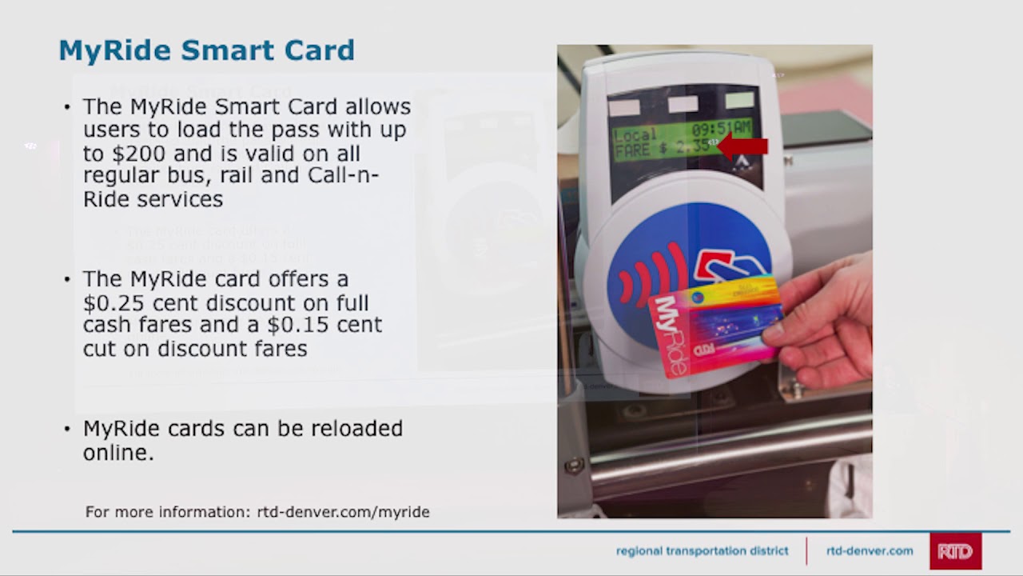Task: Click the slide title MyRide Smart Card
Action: click(x=206, y=50)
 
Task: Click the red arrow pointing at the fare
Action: click(x=744, y=146)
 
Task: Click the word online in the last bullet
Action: click(x=118, y=453)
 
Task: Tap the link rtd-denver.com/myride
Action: click(x=343, y=512)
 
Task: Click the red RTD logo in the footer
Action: click(x=955, y=551)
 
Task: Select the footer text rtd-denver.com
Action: click(x=870, y=551)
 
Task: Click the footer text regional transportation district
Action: click(x=702, y=551)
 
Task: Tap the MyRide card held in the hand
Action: click(x=715, y=328)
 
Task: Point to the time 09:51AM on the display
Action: click(x=721, y=129)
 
